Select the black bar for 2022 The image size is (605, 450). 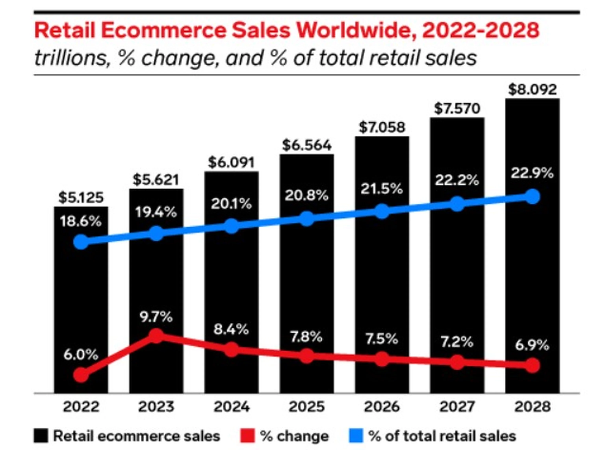(81, 300)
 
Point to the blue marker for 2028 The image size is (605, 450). (532, 197)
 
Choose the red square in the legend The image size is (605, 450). (248, 436)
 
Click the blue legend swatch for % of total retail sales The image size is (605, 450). (356, 436)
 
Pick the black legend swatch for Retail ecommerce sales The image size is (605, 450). (41, 436)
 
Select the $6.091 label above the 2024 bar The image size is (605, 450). (231, 162)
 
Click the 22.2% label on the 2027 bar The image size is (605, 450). (457, 180)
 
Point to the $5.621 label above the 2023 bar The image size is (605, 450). (156, 179)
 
